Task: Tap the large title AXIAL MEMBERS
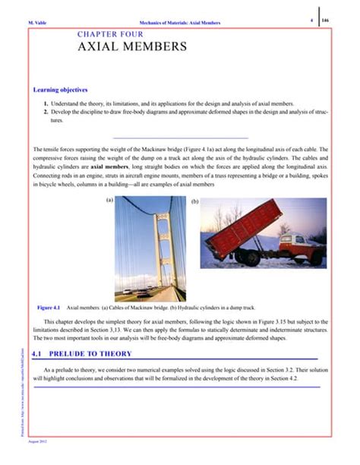point(132,48)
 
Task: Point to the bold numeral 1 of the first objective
point(46,103)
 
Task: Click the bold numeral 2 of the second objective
point(46,112)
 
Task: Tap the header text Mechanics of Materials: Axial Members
point(181,23)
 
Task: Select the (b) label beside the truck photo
point(195,202)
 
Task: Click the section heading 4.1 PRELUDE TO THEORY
point(83,354)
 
